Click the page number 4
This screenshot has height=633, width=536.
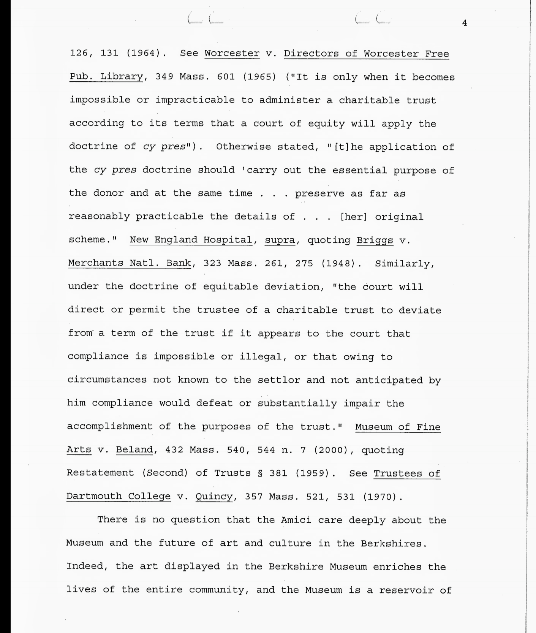pos(464,24)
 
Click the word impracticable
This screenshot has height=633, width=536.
pos(195,100)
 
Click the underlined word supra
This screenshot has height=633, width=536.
pos(280,240)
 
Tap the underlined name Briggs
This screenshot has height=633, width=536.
pos(375,241)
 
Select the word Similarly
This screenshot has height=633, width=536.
pos(405,264)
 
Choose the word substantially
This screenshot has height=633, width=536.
pos(297,403)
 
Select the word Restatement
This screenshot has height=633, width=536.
pos(100,473)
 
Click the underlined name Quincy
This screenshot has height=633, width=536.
pos(214,497)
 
